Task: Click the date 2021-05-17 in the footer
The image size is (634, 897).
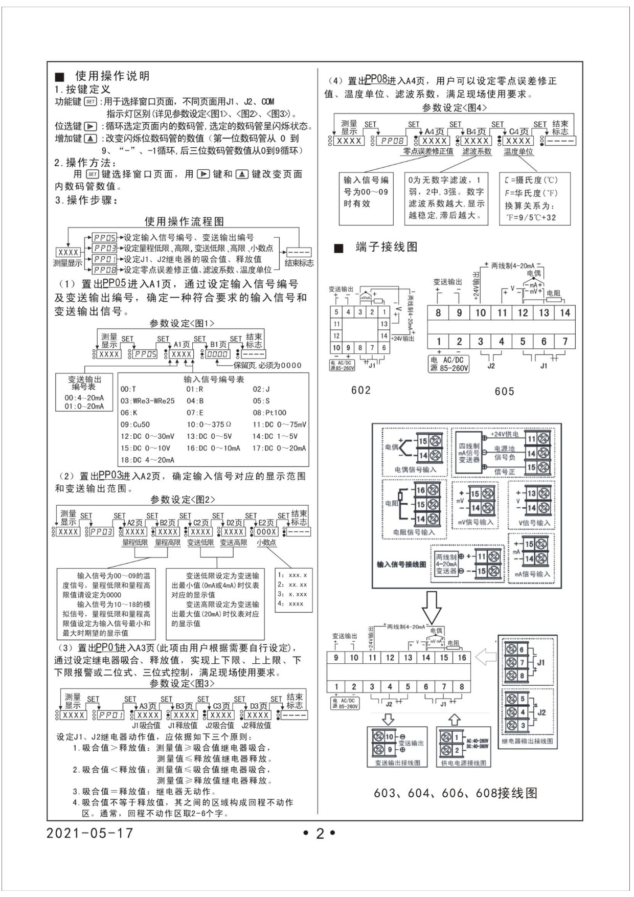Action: tap(89, 833)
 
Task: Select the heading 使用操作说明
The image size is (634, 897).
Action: tap(112, 76)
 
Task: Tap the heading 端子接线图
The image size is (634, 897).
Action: tap(387, 247)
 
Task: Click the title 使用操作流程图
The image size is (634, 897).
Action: tap(184, 221)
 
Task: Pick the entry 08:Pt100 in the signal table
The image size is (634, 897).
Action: tap(269, 413)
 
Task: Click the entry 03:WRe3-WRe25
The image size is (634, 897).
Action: tap(147, 401)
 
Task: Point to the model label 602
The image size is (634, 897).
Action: tap(361, 390)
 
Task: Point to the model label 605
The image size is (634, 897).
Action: tap(504, 391)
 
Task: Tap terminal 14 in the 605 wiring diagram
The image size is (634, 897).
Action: tap(564, 312)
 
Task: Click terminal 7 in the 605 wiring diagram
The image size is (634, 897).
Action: tap(564, 341)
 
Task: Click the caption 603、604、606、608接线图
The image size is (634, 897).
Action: tap(456, 793)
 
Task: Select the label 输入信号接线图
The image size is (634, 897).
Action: tap(401, 564)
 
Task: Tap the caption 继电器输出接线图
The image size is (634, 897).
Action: tap(527, 741)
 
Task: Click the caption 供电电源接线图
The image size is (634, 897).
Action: tap(464, 763)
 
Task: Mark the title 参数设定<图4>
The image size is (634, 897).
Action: tap(455, 108)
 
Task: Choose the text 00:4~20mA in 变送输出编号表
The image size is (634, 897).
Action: tap(84, 398)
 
